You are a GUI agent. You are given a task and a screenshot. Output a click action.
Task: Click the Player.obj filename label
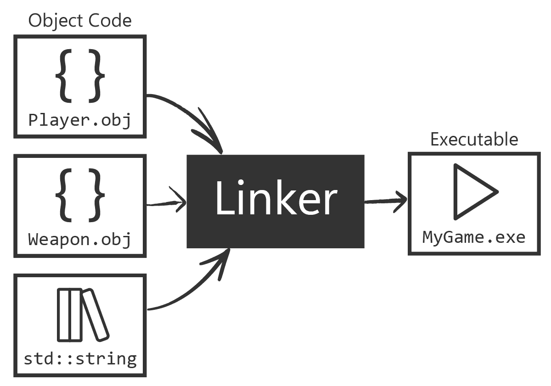pyautogui.click(x=79, y=120)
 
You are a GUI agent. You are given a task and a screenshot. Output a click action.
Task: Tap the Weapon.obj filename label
pyautogui.click(x=79, y=239)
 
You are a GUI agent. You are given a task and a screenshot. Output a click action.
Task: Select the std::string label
pyautogui.click(x=80, y=358)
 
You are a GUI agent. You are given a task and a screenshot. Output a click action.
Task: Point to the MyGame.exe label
pyautogui.click(x=474, y=237)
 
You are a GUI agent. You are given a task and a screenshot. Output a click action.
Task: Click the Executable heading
pyautogui.click(x=474, y=139)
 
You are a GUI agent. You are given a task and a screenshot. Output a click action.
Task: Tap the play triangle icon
pyautogui.click(x=473, y=192)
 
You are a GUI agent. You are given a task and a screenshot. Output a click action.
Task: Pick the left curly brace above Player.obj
pyautogui.click(x=65, y=75)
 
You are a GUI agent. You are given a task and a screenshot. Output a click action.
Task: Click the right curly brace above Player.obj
pyautogui.click(x=96, y=75)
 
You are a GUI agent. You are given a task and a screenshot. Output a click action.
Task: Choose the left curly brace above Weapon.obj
pyautogui.click(x=65, y=195)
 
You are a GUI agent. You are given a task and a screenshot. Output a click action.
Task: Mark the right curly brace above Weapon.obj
pyautogui.click(x=96, y=195)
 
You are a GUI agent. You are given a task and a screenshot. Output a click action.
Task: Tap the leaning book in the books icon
pyautogui.click(x=96, y=315)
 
